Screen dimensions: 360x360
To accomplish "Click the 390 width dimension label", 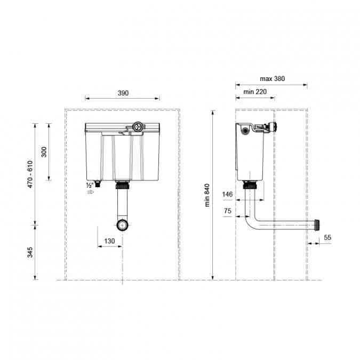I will tap(123, 93).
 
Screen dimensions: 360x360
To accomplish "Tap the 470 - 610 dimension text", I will tap(30, 174).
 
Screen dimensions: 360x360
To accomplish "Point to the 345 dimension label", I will tap(30, 252).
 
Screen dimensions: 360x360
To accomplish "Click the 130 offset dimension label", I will tap(109, 241).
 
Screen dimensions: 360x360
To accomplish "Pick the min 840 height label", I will tap(207, 196).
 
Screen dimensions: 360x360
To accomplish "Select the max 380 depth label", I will tap(272, 78).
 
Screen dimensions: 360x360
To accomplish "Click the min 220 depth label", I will tap(255, 92).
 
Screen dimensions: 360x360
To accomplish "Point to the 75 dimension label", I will tap(228, 211).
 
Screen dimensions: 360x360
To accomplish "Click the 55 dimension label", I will tap(327, 237).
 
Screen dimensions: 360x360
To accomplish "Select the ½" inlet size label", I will tap(90, 185).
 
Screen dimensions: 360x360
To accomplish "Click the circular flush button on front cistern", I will tap(138, 127).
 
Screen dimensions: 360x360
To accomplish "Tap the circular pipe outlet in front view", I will tap(123, 225).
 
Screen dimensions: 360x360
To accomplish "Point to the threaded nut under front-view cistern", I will tap(123, 186).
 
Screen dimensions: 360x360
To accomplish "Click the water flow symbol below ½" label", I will tap(90, 191).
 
